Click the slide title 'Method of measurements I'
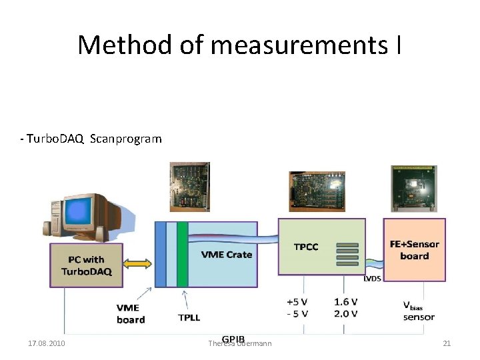239,45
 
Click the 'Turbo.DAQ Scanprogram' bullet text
91,139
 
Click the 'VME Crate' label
226,254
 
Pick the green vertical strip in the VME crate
182,254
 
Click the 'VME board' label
131,313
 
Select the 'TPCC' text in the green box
306,247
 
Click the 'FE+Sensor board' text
414,249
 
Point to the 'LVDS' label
373,279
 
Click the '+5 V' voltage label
297,301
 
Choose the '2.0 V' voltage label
345,313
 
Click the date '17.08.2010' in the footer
47,343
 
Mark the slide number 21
447,343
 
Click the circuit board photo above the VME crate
189,186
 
